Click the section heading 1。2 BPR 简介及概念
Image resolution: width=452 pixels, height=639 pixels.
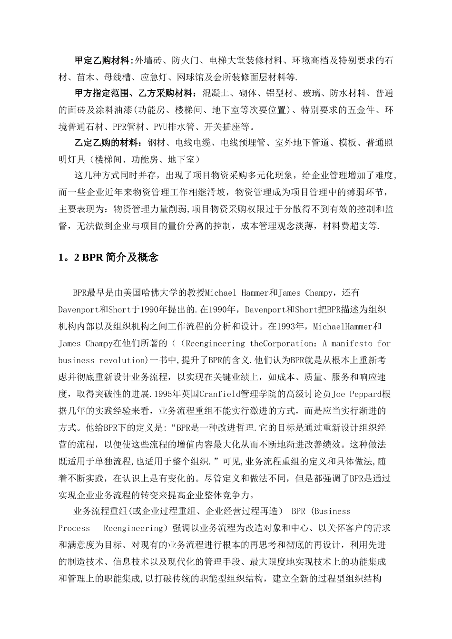coord(108,258)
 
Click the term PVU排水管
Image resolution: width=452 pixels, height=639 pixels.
coord(173,127)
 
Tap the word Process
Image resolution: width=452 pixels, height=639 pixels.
coord(74,528)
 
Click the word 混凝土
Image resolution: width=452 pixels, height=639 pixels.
coord(214,93)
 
